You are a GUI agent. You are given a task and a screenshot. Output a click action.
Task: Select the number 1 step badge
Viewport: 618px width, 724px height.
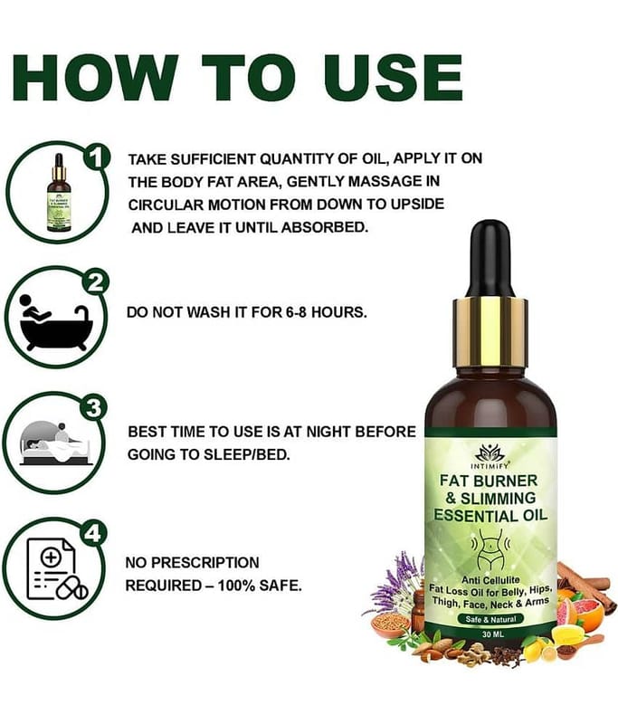(96, 157)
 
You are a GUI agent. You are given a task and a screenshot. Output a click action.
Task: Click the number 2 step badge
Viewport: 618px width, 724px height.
(95, 283)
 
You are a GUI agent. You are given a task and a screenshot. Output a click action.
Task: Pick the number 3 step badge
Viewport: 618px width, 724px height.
(94, 408)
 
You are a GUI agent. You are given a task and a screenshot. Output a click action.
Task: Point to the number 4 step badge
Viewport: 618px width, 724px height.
(93, 533)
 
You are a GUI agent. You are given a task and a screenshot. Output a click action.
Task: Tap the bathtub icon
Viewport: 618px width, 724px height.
(56, 322)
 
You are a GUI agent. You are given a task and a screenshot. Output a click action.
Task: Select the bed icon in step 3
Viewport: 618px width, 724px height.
(55, 443)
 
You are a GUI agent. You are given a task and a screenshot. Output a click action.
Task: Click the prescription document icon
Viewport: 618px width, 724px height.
(56, 569)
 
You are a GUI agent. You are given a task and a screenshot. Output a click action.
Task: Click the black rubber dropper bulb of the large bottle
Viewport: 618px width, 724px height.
(491, 260)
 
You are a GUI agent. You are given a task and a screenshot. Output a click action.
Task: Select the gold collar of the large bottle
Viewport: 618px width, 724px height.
(490, 332)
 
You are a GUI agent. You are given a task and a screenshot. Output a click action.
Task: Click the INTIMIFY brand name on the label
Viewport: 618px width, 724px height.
(490, 466)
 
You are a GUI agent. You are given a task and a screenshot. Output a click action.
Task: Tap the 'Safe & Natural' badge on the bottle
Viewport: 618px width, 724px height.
(490, 619)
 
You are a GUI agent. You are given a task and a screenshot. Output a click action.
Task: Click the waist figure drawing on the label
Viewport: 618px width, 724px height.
(490, 549)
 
